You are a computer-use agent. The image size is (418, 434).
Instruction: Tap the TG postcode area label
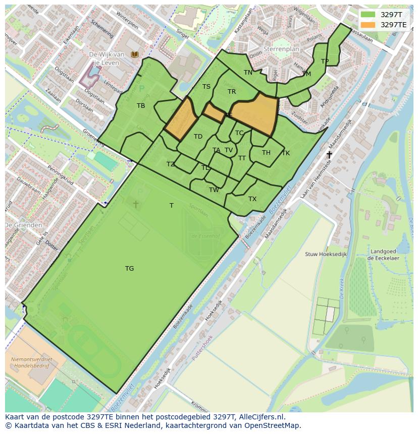130,269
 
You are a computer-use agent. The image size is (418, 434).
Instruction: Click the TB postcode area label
141,106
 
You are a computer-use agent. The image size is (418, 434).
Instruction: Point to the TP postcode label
325,61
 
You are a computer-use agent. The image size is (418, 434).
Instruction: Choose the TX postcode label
252,199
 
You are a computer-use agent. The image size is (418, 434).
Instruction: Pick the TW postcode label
214,190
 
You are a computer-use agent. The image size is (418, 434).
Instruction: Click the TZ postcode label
171,164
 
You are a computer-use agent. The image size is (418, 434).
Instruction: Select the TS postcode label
206,87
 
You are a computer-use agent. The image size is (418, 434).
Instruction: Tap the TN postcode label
248,73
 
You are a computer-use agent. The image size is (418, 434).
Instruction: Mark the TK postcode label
286,153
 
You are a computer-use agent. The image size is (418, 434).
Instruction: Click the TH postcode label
266,153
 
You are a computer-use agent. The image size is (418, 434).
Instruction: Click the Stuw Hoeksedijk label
326,255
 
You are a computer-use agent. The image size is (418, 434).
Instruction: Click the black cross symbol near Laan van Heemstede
329,155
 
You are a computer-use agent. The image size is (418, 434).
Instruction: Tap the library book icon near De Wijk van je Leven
134,54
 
